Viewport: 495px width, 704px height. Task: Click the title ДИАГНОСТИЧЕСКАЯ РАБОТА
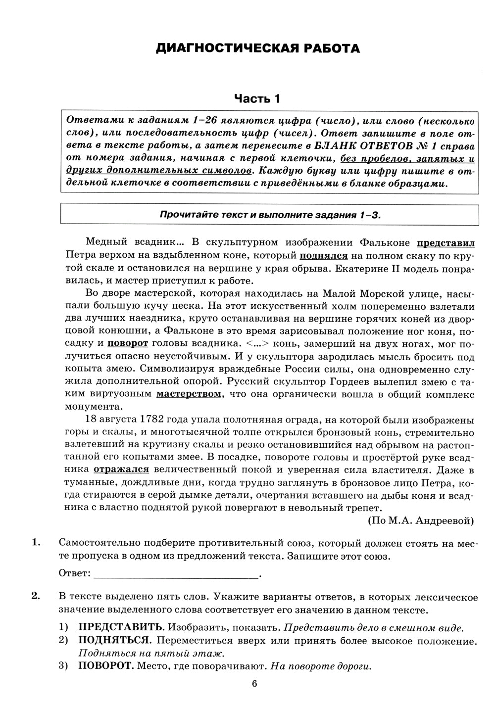(x=257, y=48)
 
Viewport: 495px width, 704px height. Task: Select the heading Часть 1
(x=257, y=98)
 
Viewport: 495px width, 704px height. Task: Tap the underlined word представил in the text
(x=445, y=243)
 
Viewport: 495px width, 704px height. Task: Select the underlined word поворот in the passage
(x=128, y=343)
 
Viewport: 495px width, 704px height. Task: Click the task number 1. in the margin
(x=35, y=543)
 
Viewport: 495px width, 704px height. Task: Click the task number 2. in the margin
(x=35, y=596)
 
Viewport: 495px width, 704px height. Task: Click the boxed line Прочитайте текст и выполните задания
(x=269, y=215)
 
